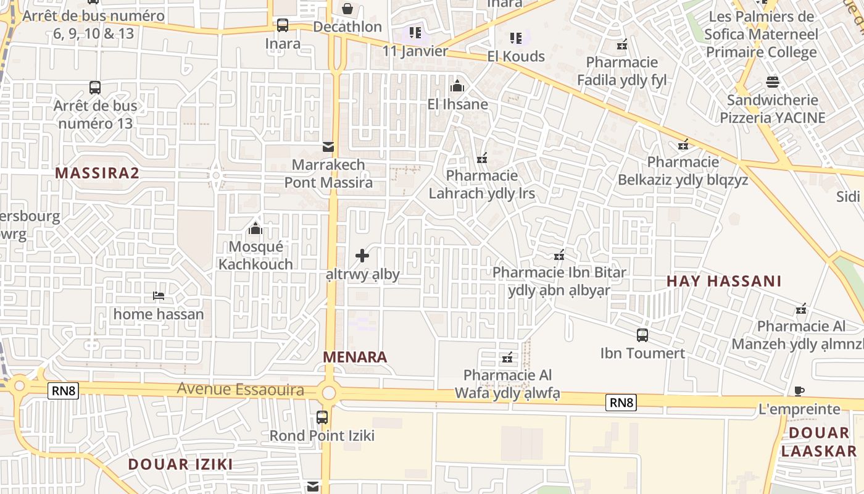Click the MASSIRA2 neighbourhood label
tap(97, 173)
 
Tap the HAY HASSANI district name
tap(724, 282)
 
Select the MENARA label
tap(355, 357)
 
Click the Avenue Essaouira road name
tap(241, 390)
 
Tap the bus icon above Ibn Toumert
tap(642, 335)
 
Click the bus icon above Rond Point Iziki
tap(322, 417)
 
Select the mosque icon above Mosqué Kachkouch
tap(255, 229)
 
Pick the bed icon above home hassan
tap(159, 296)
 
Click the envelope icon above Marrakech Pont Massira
tap(328, 147)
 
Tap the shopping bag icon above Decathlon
tap(347, 9)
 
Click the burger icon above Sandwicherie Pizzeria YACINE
tap(772, 82)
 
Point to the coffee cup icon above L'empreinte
tap(799, 391)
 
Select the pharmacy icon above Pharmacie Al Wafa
tap(507, 357)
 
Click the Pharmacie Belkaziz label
tap(683, 171)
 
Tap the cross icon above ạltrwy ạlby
tap(362, 256)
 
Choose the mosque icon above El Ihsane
tap(457, 86)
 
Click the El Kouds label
tap(516, 56)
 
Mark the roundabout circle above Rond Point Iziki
tap(328, 393)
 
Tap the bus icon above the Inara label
tap(283, 25)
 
